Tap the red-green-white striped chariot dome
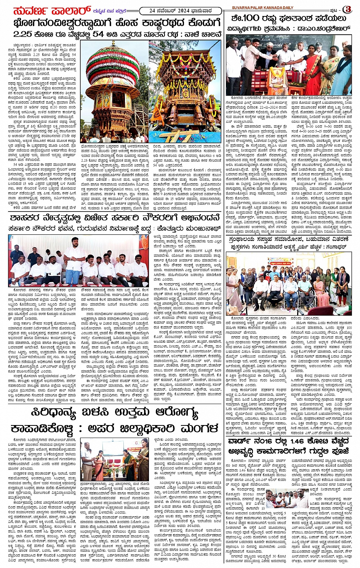113,64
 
